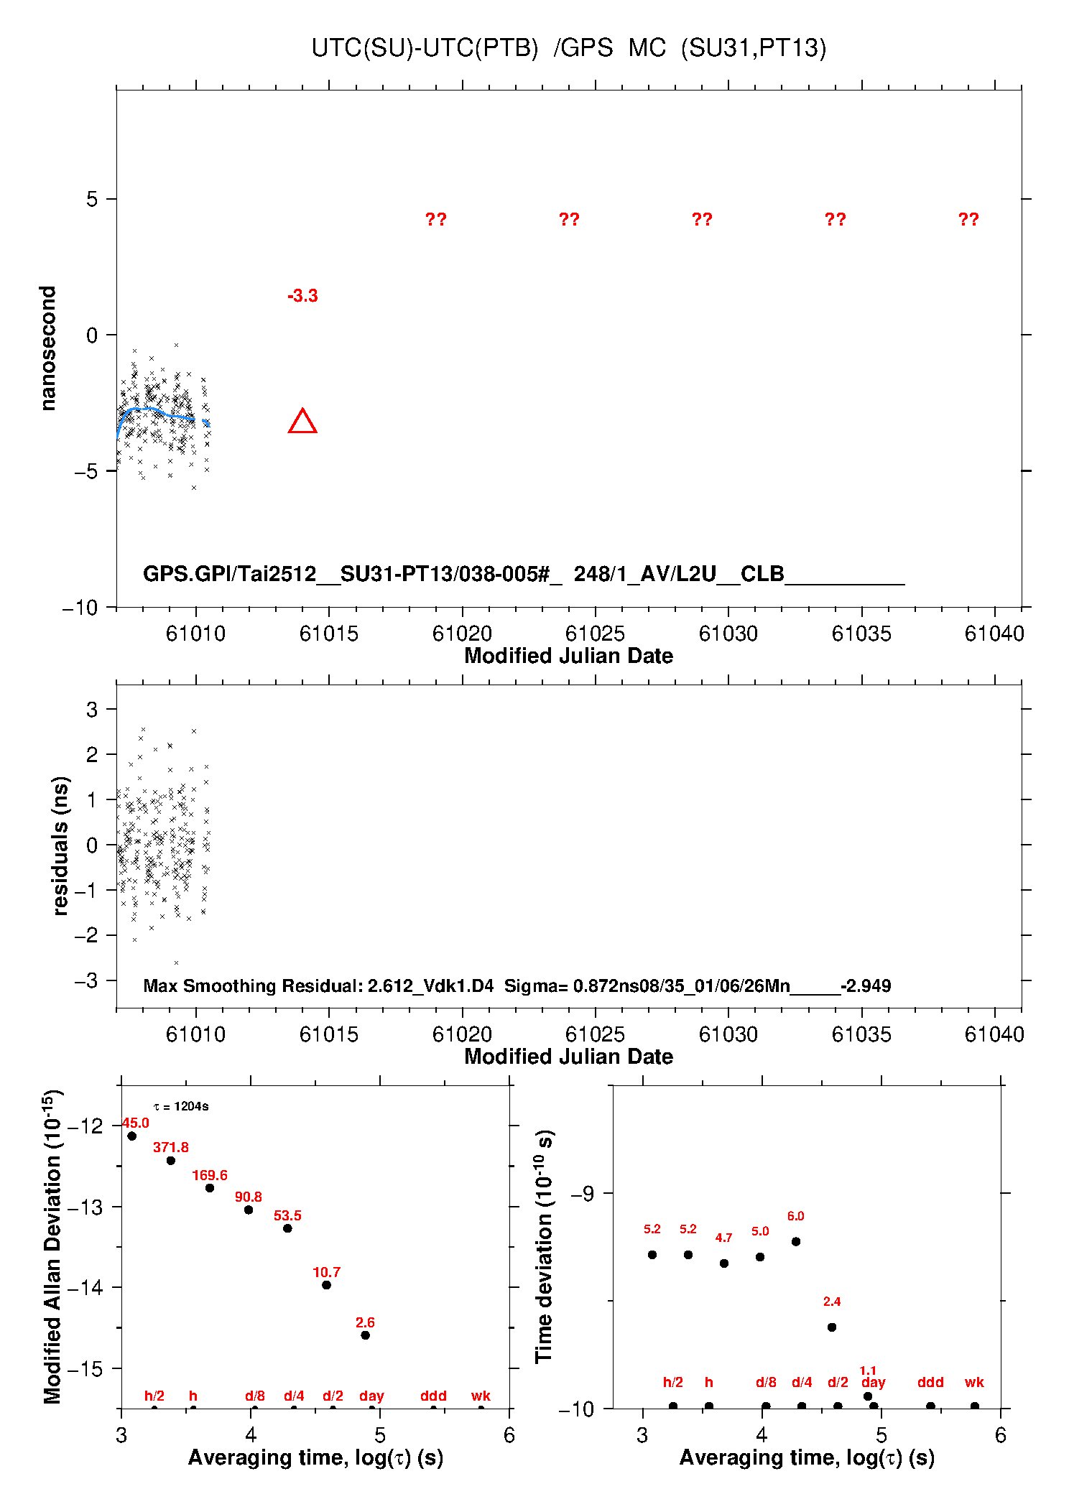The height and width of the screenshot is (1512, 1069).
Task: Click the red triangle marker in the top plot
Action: (x=302, y=422)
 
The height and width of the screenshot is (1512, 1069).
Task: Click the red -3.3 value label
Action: (x=302, y=296)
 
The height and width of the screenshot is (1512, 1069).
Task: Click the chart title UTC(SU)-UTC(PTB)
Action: (x=425, y=48)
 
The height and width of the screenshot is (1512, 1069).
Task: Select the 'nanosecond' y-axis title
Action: (x=48, y=348)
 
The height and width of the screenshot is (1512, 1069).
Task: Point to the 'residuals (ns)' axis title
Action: (x=60, y=845)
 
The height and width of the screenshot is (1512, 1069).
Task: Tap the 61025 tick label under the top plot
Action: (x=595, y=634)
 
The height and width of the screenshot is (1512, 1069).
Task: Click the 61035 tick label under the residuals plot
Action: (x=861, y=1034)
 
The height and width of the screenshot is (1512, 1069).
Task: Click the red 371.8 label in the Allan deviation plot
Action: (x=171, y=1148)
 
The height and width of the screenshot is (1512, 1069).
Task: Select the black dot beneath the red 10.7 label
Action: (x=326, y=1285)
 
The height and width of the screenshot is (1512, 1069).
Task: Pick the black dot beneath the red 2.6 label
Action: (x=365, y=1335)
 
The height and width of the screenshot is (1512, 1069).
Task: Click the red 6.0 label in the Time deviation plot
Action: (x=795, y=1216)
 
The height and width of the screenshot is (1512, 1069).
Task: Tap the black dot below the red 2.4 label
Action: (x=832, y=1327)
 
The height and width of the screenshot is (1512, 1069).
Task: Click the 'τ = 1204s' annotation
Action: (x=181, y=1107)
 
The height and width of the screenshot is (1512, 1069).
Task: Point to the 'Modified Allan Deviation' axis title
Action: (x=52, y=1246)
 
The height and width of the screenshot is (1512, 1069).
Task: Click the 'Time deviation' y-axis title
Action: (x=544, y=1246)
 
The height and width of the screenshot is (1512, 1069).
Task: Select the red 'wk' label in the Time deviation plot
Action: (x=974, y=1382)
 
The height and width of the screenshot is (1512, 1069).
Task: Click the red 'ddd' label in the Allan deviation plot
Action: (x=433, y=1396)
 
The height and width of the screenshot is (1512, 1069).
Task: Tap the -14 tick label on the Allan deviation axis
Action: (x=85, y=1287)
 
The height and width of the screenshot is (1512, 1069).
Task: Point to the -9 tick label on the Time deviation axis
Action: (x=582, y=1193)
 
